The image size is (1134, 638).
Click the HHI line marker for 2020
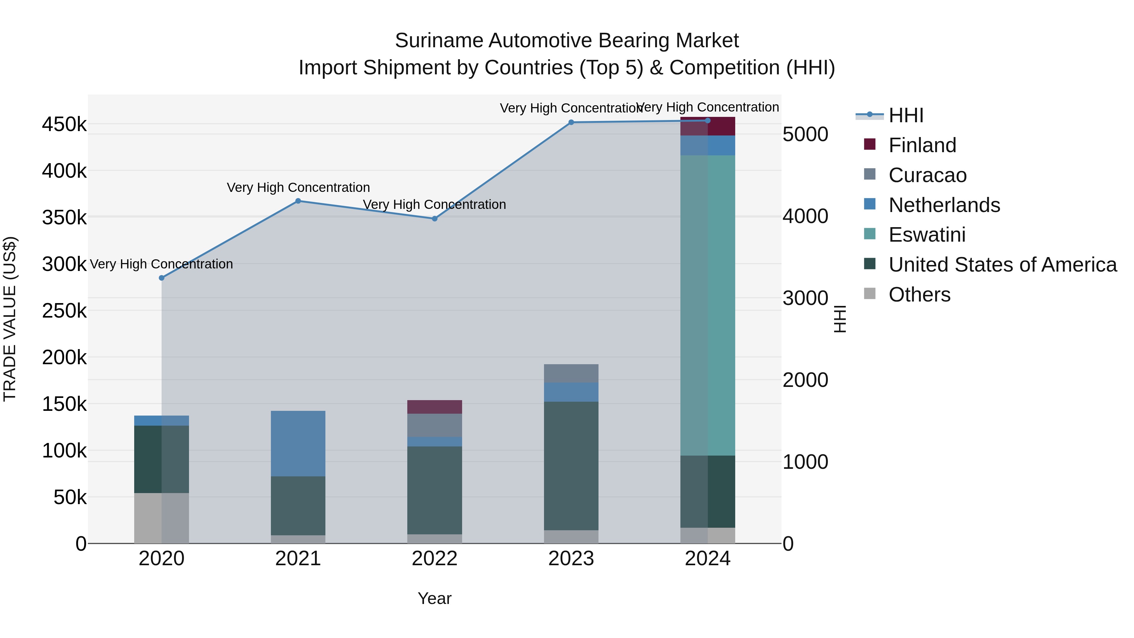[162, 278]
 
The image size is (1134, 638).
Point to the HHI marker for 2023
[571, 123]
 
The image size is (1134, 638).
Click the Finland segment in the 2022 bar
[434, 407]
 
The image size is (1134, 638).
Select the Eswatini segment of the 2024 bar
[707, 305]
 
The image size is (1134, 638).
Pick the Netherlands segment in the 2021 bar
[298, 443]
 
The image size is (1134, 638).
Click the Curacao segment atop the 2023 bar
[571, 373]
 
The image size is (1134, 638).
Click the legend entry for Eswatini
[927, 235]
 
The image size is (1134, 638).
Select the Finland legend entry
[922, 145]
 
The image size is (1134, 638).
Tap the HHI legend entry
[906, 115]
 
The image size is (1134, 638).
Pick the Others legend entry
[919, 295]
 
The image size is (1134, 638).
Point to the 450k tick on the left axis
[64, 124]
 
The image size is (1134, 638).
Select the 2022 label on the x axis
[434, 559]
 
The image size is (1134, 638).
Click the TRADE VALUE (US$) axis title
[10, 319]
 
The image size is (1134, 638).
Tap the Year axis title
[434, 598]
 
